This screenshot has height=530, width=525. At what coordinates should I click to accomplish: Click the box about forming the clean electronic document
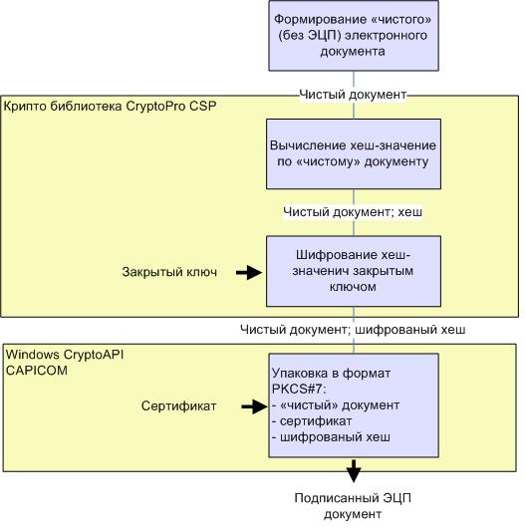(x=354, y=36)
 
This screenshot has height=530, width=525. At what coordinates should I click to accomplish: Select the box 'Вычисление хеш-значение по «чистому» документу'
(x=354, y=153)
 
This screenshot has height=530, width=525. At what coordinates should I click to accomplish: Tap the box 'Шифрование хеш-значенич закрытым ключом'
(x=354, y=271)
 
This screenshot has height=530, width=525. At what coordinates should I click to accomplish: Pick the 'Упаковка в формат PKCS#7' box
(x=354, y=405)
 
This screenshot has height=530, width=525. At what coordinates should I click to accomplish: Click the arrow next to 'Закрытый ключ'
(x=249, y=272)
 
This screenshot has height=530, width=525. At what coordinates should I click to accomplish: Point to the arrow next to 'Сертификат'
(x=255, y=406)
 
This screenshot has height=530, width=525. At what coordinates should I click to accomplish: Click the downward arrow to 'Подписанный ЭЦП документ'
(x=354, y=471)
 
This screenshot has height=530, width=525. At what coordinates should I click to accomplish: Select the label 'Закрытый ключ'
(x=169, y=272)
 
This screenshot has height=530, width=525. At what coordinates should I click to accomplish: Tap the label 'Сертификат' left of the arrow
(x=179, y=405)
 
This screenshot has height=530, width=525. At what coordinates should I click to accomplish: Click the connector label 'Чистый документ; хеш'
(x=353, y=212)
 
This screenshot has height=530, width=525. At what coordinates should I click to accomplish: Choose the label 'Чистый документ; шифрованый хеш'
(x=353, y=330)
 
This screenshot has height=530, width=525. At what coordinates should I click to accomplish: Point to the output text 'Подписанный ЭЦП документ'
(x=353, y=506)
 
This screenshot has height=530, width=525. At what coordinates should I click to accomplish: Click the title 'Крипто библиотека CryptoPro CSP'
(x=110, y=107)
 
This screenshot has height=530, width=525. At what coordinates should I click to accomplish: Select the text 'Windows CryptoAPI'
(x=65, y=355)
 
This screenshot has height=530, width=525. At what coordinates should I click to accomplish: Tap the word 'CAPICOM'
(x=37, y=371)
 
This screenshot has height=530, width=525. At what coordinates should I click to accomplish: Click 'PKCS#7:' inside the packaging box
(x=299, y=390)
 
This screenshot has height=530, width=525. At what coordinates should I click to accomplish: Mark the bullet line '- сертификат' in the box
(x=312, y=421)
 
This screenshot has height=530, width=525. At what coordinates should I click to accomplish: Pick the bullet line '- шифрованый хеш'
(x=331, y=437)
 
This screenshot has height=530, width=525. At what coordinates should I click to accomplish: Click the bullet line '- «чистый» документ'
(x=336, y=405)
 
